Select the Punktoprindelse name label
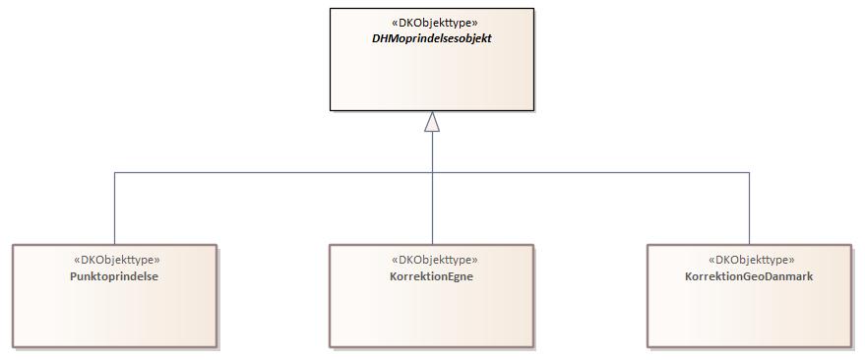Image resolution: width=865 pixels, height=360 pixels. tap(115, 276)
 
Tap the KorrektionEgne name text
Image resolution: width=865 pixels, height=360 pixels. tap(431, 276)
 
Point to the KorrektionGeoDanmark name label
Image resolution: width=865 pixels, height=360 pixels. tap(749, 276)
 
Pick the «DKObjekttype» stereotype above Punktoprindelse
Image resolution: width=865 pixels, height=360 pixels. tap(115, 260)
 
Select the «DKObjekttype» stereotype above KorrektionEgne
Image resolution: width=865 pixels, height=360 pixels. tap(431, 260)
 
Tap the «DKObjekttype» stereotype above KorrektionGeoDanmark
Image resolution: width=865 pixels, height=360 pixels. tap(749, 260)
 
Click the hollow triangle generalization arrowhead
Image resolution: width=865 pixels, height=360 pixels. tap(431, 122)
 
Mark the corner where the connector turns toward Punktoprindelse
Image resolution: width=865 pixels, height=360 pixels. tap(115, 173)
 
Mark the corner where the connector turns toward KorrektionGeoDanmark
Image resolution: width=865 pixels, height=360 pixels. tap(749, 173)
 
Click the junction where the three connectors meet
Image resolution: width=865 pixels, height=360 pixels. tap(431, 173)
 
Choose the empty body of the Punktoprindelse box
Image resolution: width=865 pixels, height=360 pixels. tap(115, 315)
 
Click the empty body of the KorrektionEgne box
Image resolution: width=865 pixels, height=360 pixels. tap(431, 315)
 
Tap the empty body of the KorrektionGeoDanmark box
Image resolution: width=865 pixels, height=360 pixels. tap(749, 315)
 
